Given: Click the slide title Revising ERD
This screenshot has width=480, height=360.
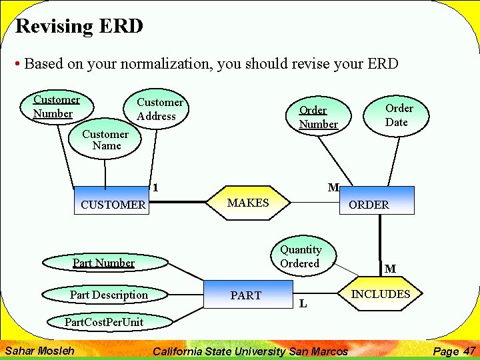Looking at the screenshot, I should click(79, 27).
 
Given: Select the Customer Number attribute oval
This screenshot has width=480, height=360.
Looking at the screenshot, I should click(57, 107).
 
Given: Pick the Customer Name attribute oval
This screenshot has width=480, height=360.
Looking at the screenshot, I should click(105, 140).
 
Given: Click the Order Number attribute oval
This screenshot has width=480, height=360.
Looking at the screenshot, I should click(318, 117).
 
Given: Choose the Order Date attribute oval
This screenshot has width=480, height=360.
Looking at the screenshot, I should click(399, 115).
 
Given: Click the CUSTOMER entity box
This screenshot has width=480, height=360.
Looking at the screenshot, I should click(112, 204).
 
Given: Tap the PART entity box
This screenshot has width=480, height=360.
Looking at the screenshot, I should click(246, 295).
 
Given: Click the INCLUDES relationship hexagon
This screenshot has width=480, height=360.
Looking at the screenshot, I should click(381, 294).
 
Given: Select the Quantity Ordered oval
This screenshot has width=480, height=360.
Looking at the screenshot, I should click(300, 257).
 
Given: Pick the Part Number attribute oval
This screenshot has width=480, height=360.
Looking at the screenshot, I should click(103, 263).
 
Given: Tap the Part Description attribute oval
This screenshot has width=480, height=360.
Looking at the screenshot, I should click(109, 295).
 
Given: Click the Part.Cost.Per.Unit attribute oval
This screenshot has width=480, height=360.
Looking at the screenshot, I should click(103, 322).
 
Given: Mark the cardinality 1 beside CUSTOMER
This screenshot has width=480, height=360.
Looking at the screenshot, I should click(155, 188).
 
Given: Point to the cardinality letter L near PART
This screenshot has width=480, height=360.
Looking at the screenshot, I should click(303, 304).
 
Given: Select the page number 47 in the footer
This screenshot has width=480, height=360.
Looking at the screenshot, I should click(469, 351).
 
